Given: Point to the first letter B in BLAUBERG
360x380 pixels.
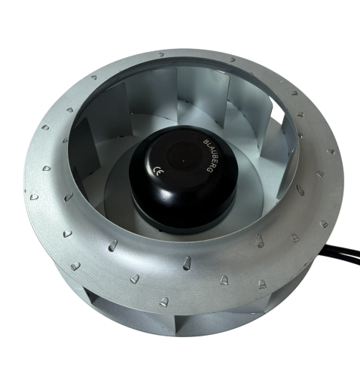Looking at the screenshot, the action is pos(205,141).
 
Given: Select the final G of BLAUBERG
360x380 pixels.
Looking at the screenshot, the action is pos(210,170).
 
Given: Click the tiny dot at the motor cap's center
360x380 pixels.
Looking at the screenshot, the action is pos(183,160).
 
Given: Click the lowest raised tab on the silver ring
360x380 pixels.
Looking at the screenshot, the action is pos(164,302).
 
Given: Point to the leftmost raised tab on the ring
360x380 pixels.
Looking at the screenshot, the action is pos(34,197).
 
